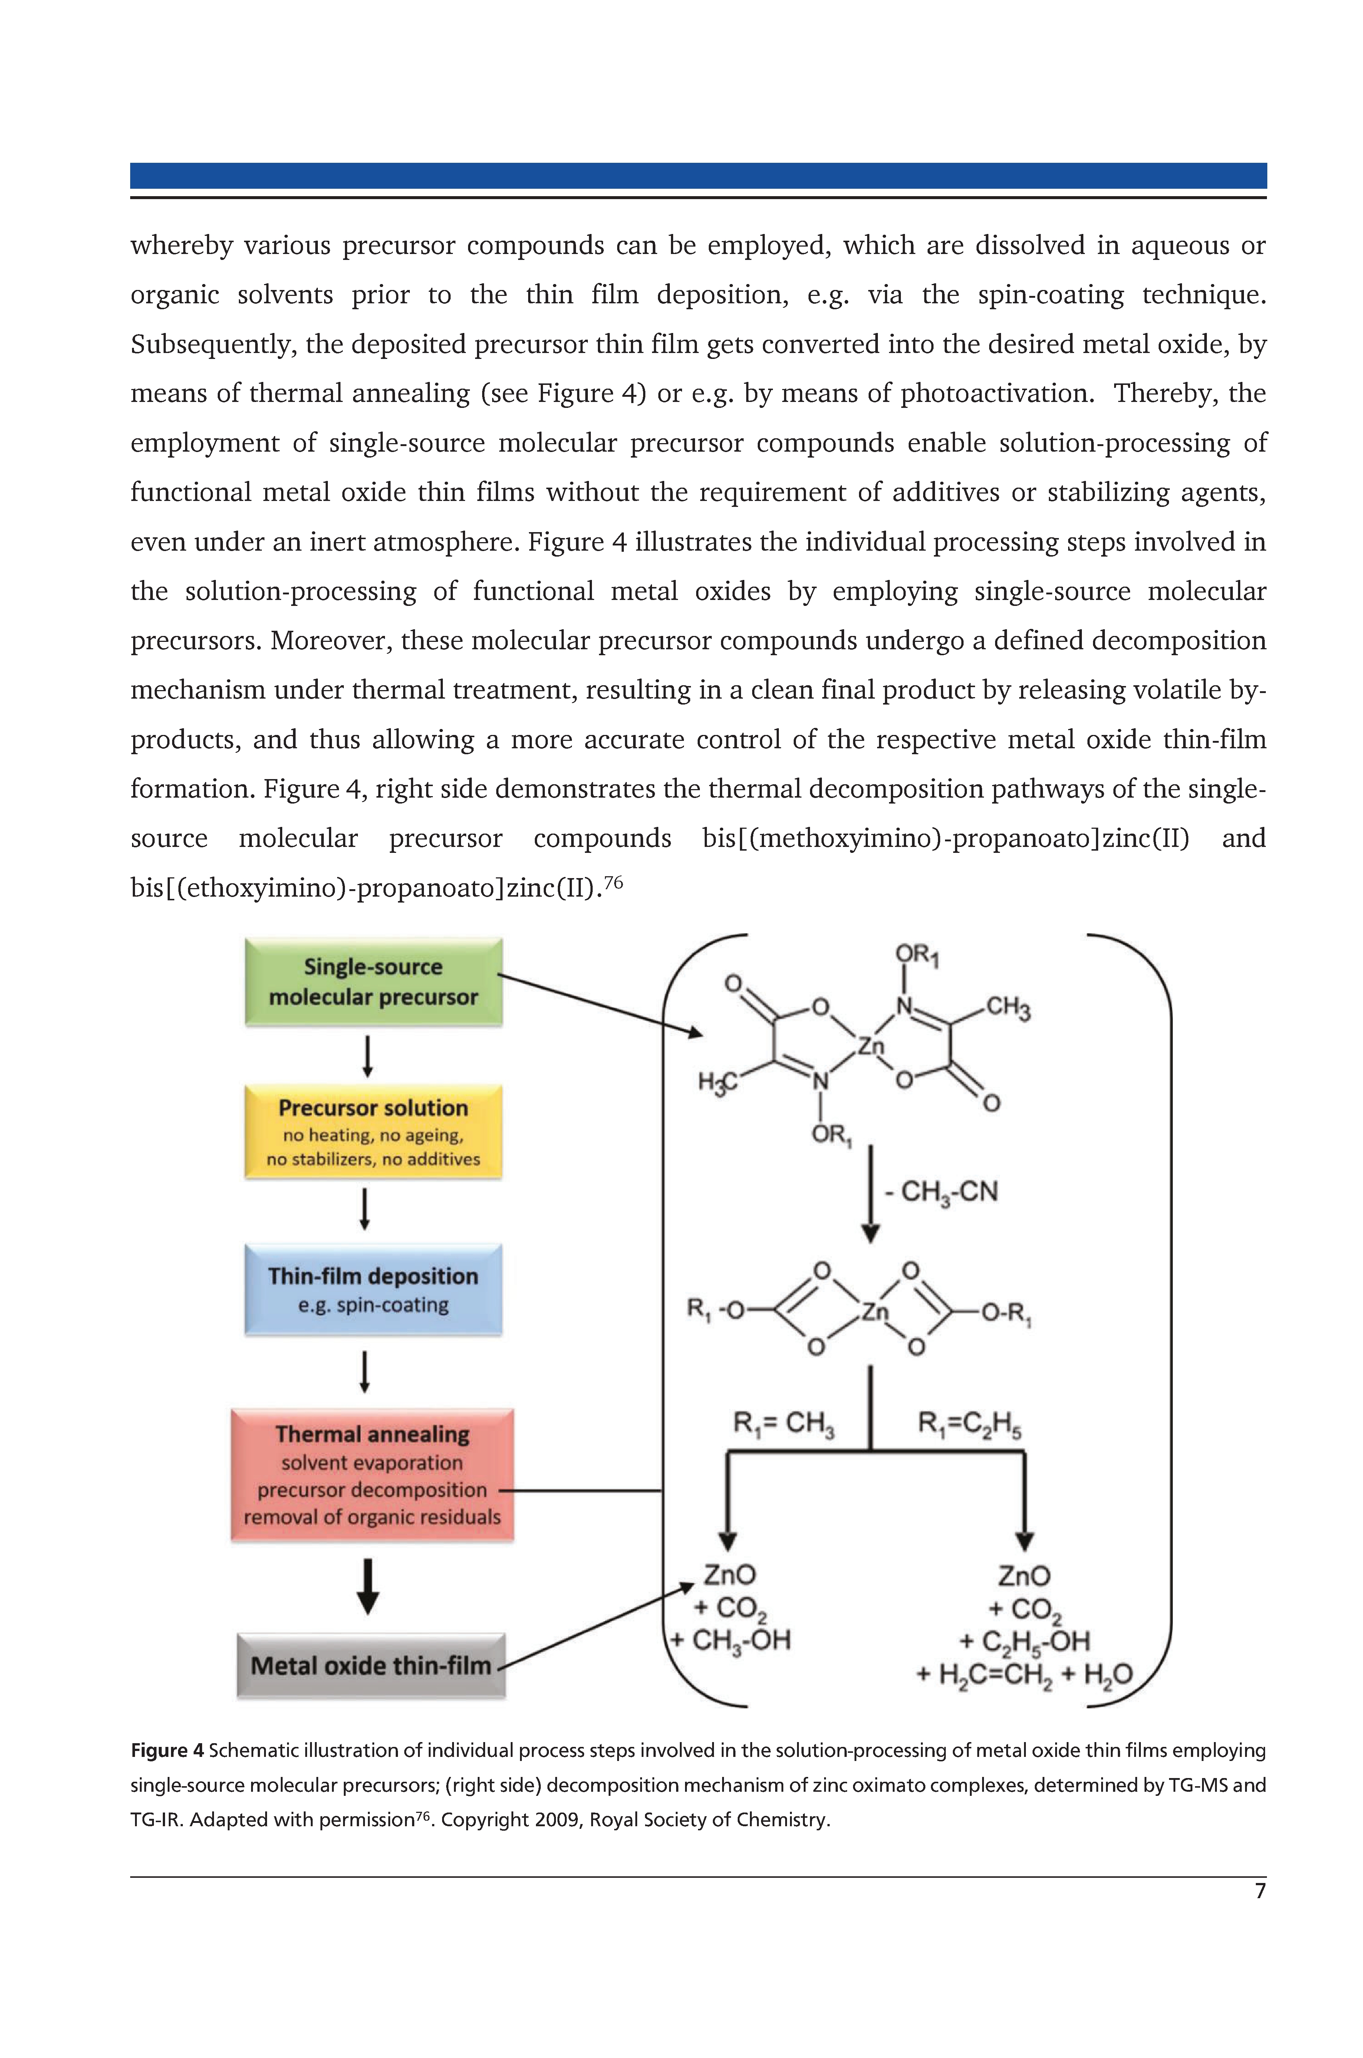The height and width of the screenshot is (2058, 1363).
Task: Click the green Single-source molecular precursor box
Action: pyautogui.click(x=374, y=982)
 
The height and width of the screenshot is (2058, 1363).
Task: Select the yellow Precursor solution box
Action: pyautogui.click(x=374, y=1132)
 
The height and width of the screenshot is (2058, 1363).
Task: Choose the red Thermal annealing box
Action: pyautogui.click(x=372, y=1475)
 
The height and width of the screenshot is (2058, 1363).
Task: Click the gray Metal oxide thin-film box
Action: pyautogui.click(x=371, y=1665)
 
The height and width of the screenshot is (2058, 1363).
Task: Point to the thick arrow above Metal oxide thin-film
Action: pyautogui.click(x=369, y=1586)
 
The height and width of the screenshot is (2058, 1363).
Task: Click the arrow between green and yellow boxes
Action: pyautogui.click(x=368, y=1056)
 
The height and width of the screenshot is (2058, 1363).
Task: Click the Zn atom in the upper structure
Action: pyautogui.click(x=870, y=1046)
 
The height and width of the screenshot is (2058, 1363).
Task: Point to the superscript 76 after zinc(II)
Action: pyautogui.click(x=614, y=882)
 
